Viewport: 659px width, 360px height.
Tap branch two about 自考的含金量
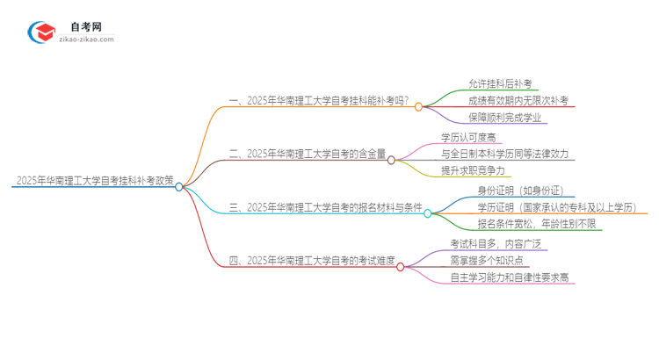(x=307, y=154)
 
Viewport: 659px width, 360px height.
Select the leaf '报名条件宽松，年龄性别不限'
(x=540, y=225)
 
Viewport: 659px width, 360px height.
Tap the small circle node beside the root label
(x=179, y=186)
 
